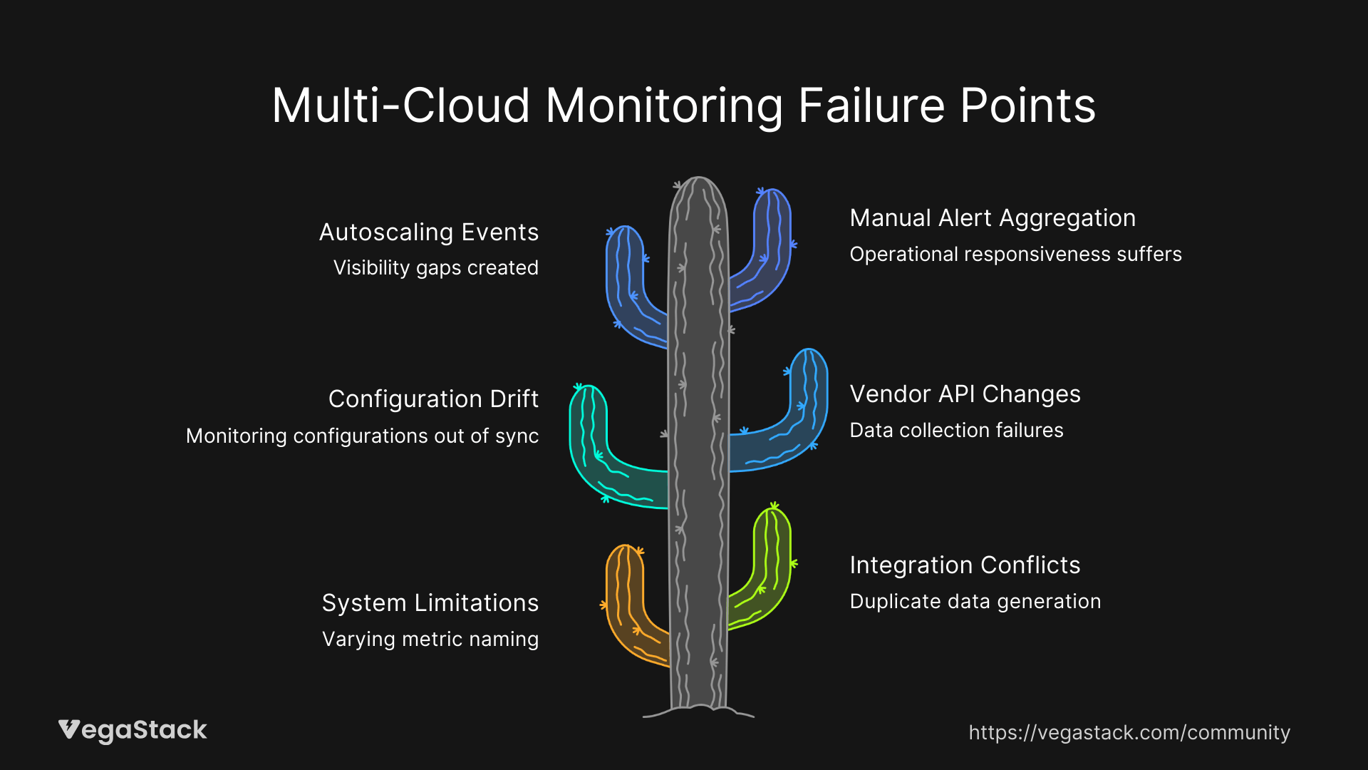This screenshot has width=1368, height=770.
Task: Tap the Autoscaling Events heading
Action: [x=428, y=232]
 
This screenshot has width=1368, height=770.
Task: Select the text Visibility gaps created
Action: [x=435, y=268]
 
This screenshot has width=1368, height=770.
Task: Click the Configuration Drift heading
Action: [x=433, y=399]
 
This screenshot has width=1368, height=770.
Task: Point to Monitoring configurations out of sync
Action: [x=362, y=436]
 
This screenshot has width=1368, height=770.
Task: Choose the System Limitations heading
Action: [x=430, y=603]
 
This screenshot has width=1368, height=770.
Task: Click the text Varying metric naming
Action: [x=430, y=639]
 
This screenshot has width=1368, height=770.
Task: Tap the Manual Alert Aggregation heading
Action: [x=993, y=218]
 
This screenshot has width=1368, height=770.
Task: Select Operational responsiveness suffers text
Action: [x=1015, y=255]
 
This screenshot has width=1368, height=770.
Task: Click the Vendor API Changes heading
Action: [x=965, y=394]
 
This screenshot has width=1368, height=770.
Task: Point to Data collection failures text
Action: [x=956, y=431]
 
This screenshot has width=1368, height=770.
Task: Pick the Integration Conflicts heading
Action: [x=965, y=565]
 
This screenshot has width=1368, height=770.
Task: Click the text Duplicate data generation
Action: [x=975, y=602]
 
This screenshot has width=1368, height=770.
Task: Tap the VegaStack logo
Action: [x=133, y=730]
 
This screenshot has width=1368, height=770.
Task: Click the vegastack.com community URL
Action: [x=1129, y=733]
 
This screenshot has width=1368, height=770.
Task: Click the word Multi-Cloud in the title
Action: [x=400, y=106]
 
